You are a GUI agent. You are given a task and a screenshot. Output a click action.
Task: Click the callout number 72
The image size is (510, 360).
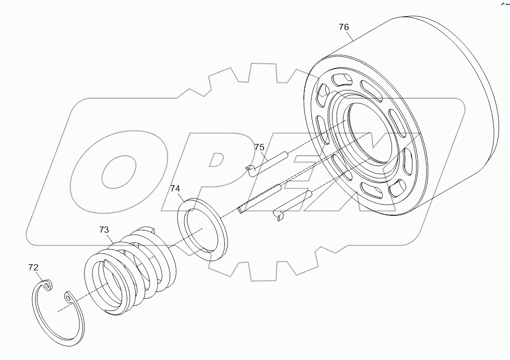tap(33, 268)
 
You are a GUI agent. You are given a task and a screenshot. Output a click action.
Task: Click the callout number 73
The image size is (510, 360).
tap(104, 229)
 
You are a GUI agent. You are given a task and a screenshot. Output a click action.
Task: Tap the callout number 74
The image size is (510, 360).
tap(176, 189)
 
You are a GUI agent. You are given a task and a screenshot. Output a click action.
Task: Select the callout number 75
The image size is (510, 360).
tap(259, 148)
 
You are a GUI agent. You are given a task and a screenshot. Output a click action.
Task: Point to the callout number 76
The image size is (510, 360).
tap(344, 27)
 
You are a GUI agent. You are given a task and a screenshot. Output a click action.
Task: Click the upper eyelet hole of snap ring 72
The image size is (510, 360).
tap(48, 285)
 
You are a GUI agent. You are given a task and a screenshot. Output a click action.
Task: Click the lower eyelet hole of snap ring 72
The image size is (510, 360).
tap(68, 298)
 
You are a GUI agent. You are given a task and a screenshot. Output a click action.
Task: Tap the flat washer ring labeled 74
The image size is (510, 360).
tap(204, 228)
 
